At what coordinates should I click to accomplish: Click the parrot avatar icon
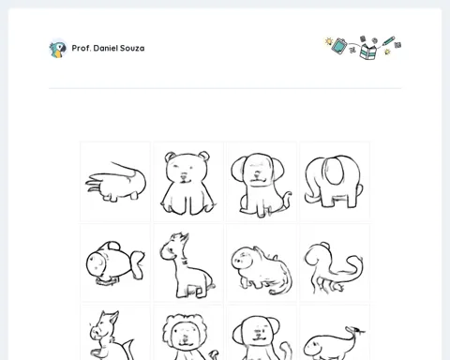(x=58, y=49)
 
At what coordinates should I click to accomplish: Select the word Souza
(x=132, y=48)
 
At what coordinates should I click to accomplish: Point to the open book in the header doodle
(x=368, y=52)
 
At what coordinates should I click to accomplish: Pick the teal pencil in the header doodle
(x=388, y=41)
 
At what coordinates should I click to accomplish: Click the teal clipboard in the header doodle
(x=339, y=46)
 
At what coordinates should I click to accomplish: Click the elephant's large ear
(x=334, y=171)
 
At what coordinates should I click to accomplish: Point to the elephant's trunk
(x=310, y=191)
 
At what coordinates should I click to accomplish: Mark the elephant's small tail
(x=359, y=190)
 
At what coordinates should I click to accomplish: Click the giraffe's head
(x=173, y=247)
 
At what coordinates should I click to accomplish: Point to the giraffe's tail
(x=211, y=285)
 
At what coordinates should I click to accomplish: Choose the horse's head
(x=103, y=326)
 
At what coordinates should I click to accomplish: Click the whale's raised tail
(x=355, y=332)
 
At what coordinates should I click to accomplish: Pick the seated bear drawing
(x=187, y=183)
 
